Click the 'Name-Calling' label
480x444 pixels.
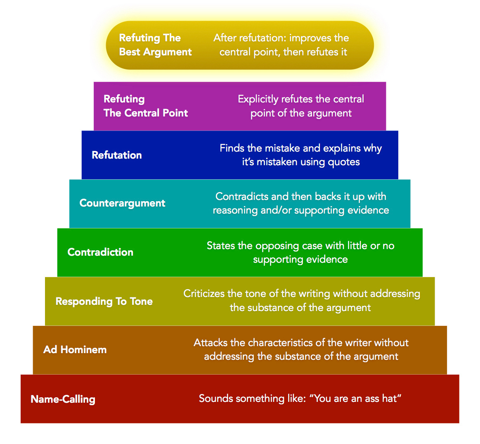[63, 399]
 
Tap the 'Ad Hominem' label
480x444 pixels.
[75, 350]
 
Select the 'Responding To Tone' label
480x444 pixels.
[104, 302]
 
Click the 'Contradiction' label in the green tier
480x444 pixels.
[100, 252]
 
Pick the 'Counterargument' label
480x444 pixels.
[122, 203]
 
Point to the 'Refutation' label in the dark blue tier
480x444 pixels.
[117, 155]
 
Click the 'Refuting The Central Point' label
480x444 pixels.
[146, 106]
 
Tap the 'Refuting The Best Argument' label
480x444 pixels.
[155, 45]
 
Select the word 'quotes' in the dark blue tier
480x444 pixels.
[344, 162]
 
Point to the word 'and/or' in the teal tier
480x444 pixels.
[275, 210]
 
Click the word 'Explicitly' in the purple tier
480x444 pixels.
[258, 100]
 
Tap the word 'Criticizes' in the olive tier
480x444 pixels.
[204, 294]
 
